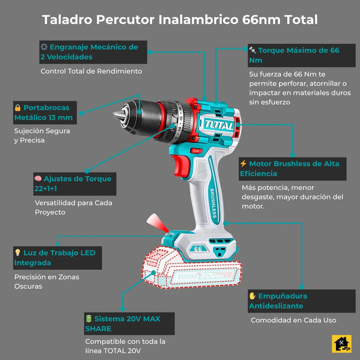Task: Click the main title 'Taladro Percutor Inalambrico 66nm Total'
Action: [179, 19]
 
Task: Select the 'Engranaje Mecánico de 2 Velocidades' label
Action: [93, 52]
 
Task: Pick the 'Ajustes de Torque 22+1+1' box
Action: [74, 183]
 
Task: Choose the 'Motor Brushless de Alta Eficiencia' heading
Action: [292, 168]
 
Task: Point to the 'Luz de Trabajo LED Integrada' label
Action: [57, 257]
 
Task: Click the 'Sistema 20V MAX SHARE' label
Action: [129, 323]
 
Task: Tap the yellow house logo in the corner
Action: [342, 344]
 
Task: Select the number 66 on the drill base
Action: [198, 249]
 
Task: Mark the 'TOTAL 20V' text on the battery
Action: [196, 275]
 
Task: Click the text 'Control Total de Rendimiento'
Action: [91, 71]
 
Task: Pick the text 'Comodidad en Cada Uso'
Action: [293, 320]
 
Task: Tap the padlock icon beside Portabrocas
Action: [17, 107]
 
